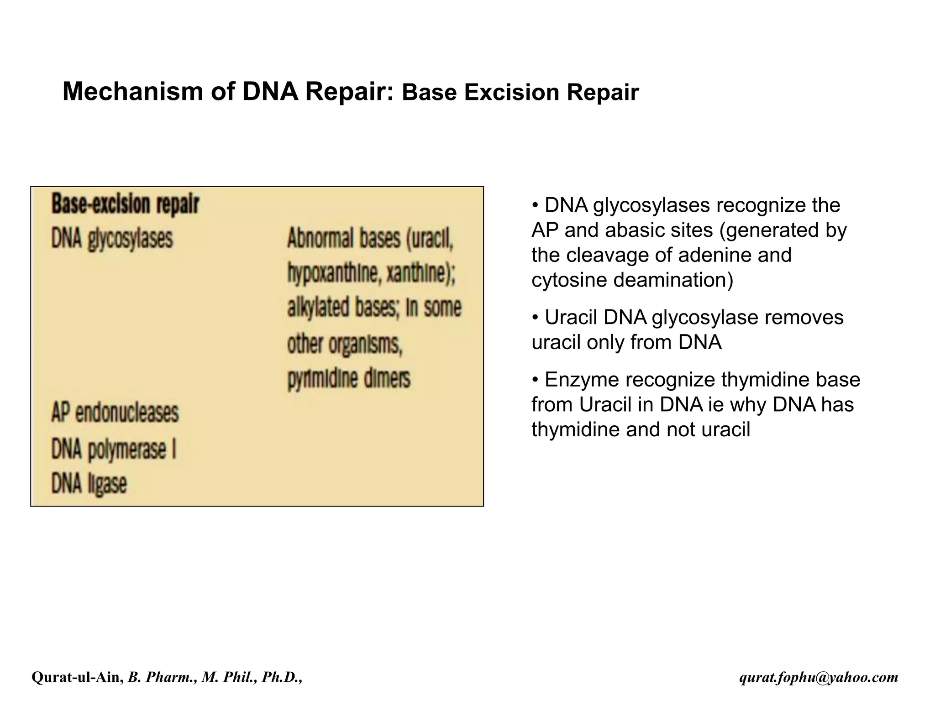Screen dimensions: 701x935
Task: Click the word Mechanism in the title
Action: click(x=132, y=91)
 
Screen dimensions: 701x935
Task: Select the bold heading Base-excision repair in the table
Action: click(x=125, y=204)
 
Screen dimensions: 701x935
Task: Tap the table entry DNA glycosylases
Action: click(x=112, y=239)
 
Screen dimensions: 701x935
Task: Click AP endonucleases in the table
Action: click(x=115, y=413)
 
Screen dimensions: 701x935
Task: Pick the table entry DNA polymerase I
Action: click(x=114, y=449)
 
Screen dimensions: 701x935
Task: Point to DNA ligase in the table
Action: click(x=89, y=484)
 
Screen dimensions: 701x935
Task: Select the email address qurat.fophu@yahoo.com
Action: click(x=819, y=677)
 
